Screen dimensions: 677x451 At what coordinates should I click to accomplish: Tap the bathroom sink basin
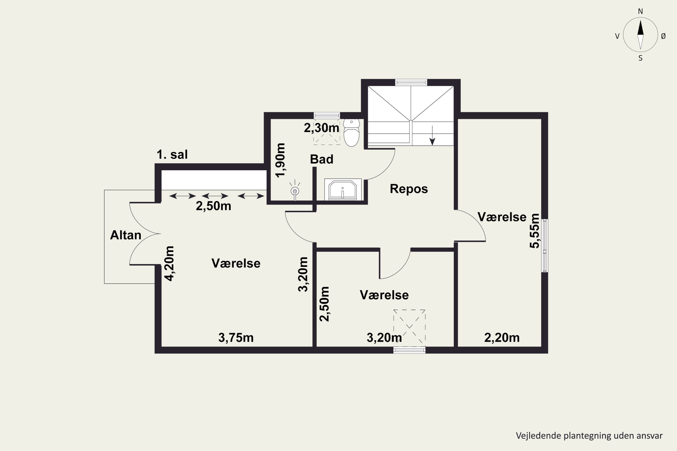tap(343, 190)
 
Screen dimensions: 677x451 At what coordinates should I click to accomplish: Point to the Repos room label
tap(409, 189)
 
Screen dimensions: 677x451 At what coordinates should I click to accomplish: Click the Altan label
tap(125, 235)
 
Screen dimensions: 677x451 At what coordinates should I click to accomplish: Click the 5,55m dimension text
tap(535, 231)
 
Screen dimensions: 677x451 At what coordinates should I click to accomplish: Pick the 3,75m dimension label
tap(236, 338)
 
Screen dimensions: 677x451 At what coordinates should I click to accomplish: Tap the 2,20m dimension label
tap(502, 338)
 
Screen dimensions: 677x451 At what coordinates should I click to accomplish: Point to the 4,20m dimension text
tap(169, 263)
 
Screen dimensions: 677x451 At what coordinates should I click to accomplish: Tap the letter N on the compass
tap(640, 11)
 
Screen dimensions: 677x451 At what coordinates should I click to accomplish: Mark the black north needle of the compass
tap(640, 28)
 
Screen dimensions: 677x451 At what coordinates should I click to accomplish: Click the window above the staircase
tap(411, 83)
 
